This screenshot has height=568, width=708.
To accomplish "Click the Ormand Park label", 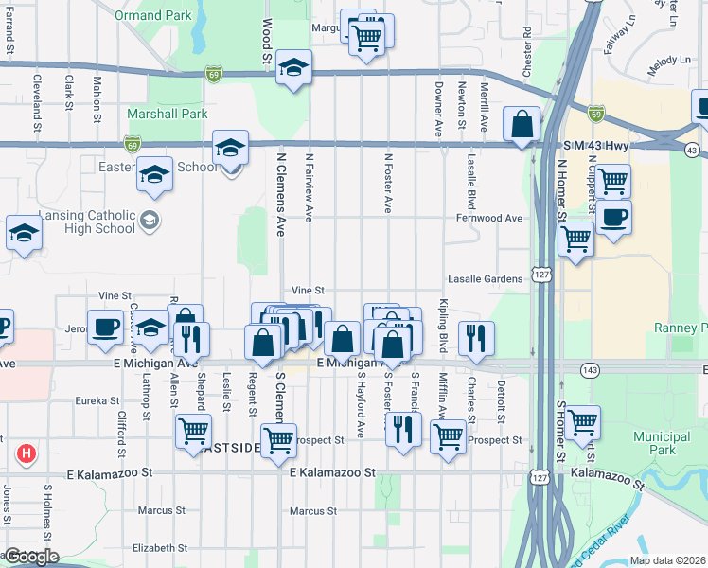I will [x=152, y=16].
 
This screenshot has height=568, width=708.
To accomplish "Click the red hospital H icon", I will [x=27, y=454].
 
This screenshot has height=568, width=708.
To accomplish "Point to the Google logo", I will [x=32, y=557].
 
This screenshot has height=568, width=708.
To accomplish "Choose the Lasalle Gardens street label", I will [x=486, y=279].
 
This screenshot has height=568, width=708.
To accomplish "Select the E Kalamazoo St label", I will [x=332, y=471].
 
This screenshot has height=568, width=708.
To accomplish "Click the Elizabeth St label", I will [x=160, y=547].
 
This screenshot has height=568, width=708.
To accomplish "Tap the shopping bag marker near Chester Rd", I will [x=522, y=124].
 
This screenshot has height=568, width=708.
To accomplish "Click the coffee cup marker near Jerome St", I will [x=105, y=328].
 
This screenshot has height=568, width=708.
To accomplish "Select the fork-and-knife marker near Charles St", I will [x=475, y=338].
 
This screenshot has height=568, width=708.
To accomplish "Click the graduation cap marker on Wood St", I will [x=294, y=70].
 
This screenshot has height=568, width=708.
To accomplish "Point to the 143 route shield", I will [x=591, y=370].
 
